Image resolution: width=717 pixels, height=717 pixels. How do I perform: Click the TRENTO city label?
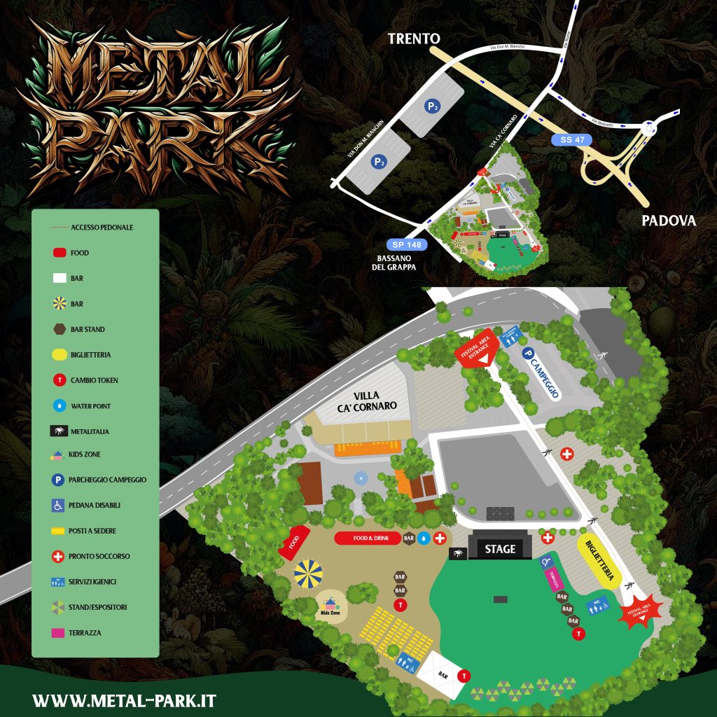click(x=419, y=39)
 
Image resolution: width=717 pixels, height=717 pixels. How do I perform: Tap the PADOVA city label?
click(x=669, y=221)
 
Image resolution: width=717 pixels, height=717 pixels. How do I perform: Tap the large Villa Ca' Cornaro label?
click(x=366, y=401)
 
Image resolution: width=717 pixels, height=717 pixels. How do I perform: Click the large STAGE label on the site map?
click(x=500, y=548)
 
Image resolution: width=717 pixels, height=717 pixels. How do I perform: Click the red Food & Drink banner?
click(x=367, y=538)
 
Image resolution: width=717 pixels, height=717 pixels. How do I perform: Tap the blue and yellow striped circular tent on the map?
click(x=308, y=573)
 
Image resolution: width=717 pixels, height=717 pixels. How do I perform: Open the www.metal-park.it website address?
click(x=124, y=700)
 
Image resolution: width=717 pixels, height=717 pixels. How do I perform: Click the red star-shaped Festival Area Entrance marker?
click(x=639, y=612)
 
